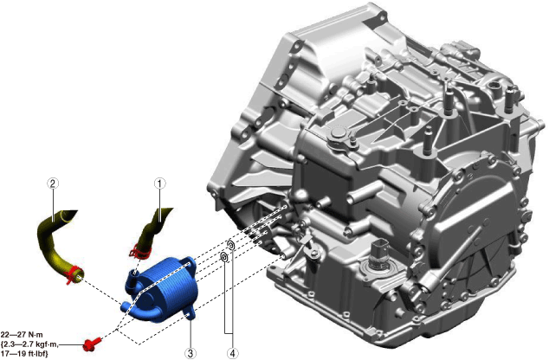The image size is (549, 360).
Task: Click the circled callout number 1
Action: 159,183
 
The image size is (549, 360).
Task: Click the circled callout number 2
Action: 53,183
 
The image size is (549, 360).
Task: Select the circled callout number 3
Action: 191,353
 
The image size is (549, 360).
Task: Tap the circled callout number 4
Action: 232,353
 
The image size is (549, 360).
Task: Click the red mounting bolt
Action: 92,344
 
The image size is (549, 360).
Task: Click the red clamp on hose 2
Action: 74,274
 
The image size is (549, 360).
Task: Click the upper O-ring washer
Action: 231,245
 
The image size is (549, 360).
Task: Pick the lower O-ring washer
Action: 223,257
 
